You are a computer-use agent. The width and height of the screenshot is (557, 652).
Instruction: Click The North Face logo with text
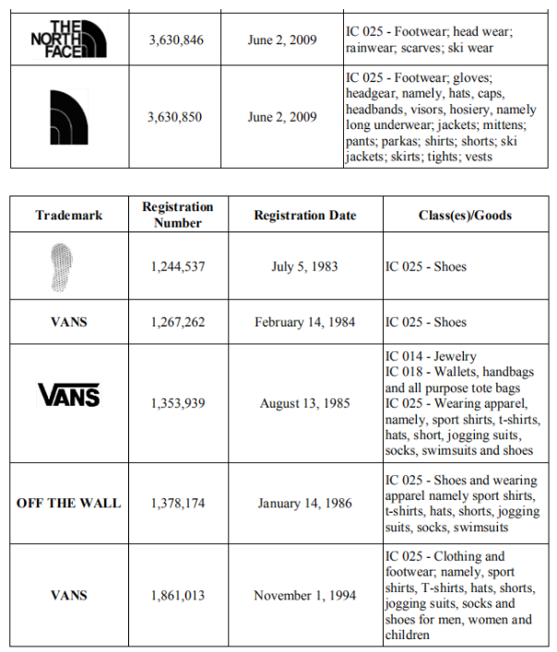68,39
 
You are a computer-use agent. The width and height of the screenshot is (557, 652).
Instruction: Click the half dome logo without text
68,116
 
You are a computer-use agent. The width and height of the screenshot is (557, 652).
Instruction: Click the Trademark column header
69,215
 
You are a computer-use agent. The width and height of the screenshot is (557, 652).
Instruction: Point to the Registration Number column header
178,215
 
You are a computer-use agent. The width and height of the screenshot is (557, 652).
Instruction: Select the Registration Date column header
305,215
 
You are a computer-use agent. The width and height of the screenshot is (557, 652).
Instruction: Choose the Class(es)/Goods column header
465,215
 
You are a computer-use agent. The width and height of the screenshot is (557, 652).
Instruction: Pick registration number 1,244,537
178,267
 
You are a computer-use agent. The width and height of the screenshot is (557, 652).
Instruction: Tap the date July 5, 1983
305,267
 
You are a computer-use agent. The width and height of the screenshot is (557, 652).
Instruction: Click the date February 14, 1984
305,322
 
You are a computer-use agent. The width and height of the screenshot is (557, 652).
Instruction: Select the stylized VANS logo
69,396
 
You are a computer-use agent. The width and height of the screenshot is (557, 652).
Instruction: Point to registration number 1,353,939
178,403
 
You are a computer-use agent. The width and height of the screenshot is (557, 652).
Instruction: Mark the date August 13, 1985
305,403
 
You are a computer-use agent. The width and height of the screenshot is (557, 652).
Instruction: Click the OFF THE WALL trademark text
69,503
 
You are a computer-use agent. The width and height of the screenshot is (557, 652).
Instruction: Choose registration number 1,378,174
178,503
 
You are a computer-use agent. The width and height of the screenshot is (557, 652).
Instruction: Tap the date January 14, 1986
305,503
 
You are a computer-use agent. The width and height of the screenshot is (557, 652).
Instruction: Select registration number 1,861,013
178,596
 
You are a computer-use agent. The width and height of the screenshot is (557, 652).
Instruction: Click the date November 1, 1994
305,596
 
